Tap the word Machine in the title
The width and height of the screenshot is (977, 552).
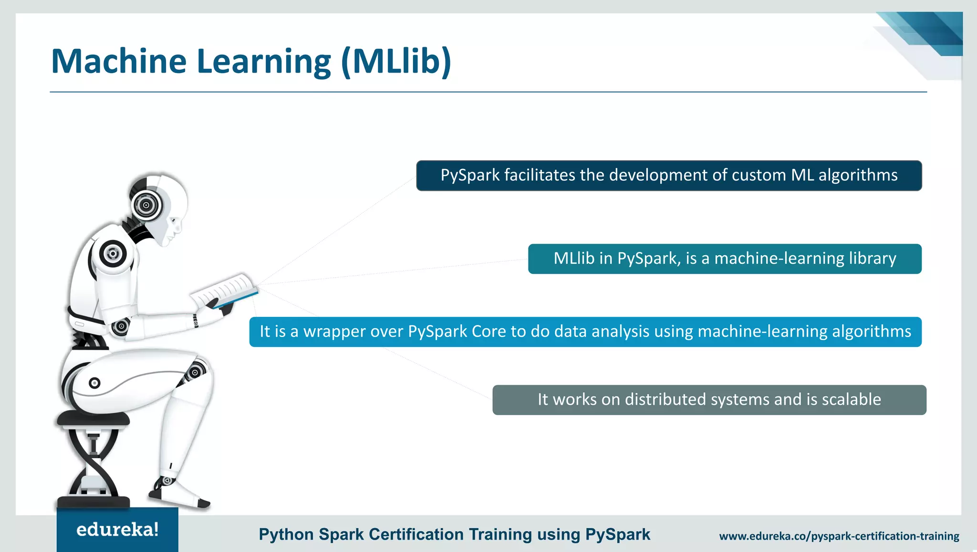click(x=119, y=62)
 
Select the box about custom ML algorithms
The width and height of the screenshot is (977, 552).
click(x=669, y=176)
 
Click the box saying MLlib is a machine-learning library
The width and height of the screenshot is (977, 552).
click(x=725, y=259)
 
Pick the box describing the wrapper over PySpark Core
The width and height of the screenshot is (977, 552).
click(x=585, y=332)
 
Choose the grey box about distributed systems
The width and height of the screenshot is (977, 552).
click(x=709, y=400)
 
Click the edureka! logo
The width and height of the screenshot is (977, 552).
click(x=117, y=530)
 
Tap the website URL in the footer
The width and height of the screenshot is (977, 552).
click(x=839, y=536)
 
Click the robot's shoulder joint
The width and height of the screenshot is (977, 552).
click(x=113, y=253)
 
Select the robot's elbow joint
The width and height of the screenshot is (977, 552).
click(x=121, y=327)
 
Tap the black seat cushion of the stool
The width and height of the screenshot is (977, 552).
click(x=94, y=419)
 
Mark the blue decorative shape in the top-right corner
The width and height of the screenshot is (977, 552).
click(x=930, y=33)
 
